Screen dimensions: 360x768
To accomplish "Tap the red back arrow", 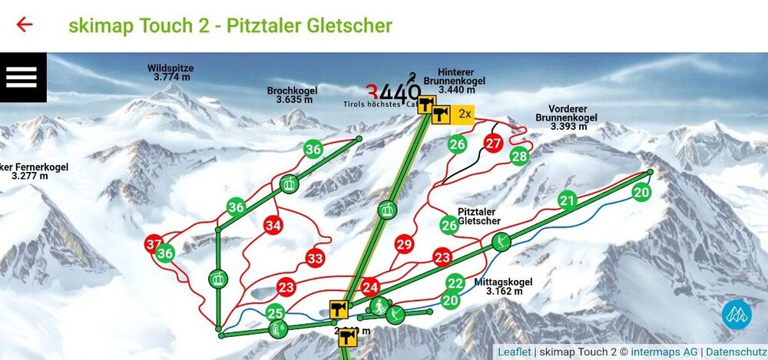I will click(25, 24).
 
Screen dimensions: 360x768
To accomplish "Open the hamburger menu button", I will click(22, 77).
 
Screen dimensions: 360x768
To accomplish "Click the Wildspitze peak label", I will click(170, 73).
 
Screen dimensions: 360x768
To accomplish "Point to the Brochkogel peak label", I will click(290, 94).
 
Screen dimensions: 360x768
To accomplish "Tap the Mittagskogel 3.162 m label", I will click(504, 286).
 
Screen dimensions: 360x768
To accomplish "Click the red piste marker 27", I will click(494, 143).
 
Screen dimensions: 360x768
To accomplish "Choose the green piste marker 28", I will click(520, 157).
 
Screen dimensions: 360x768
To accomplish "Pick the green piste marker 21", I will click(568, 201).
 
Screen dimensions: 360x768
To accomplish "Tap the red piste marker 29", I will click(405, 245).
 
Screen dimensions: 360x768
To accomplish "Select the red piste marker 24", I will click(371, 286).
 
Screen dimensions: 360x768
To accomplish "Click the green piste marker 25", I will click(275, 312).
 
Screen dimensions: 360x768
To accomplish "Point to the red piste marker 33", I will click(315, 259).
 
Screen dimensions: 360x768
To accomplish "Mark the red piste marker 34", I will click(273, 225).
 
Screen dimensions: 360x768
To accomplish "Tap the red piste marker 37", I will click(154, 245).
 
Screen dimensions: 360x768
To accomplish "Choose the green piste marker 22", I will click(455, 282).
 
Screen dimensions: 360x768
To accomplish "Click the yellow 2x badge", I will click(463, 114).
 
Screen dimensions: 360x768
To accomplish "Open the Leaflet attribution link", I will click(514, 352).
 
